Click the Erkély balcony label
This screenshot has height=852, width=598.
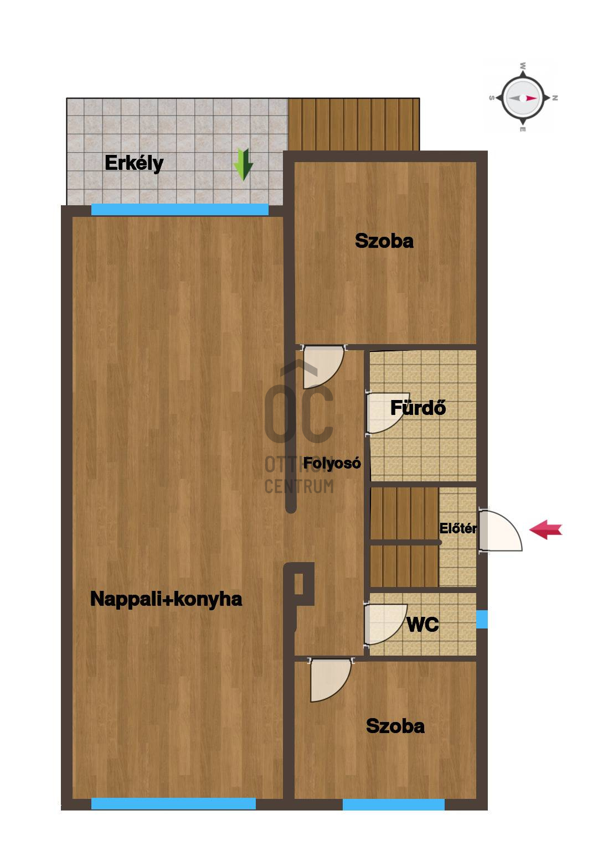pos(134,164)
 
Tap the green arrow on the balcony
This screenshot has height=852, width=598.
pos(243,164)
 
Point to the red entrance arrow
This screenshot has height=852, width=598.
pos(545,529)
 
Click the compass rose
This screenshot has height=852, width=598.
pos(523,98)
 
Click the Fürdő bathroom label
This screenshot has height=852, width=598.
pos(418,408)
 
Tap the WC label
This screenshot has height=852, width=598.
pos(422,624)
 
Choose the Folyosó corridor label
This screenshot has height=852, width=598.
pos(332,463)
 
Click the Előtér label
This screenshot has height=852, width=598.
pos(458,528)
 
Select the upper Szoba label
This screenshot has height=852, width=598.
pos(384,241)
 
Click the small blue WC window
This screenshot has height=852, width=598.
pos(482,619)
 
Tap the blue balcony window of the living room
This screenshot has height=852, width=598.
pos(179,210)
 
